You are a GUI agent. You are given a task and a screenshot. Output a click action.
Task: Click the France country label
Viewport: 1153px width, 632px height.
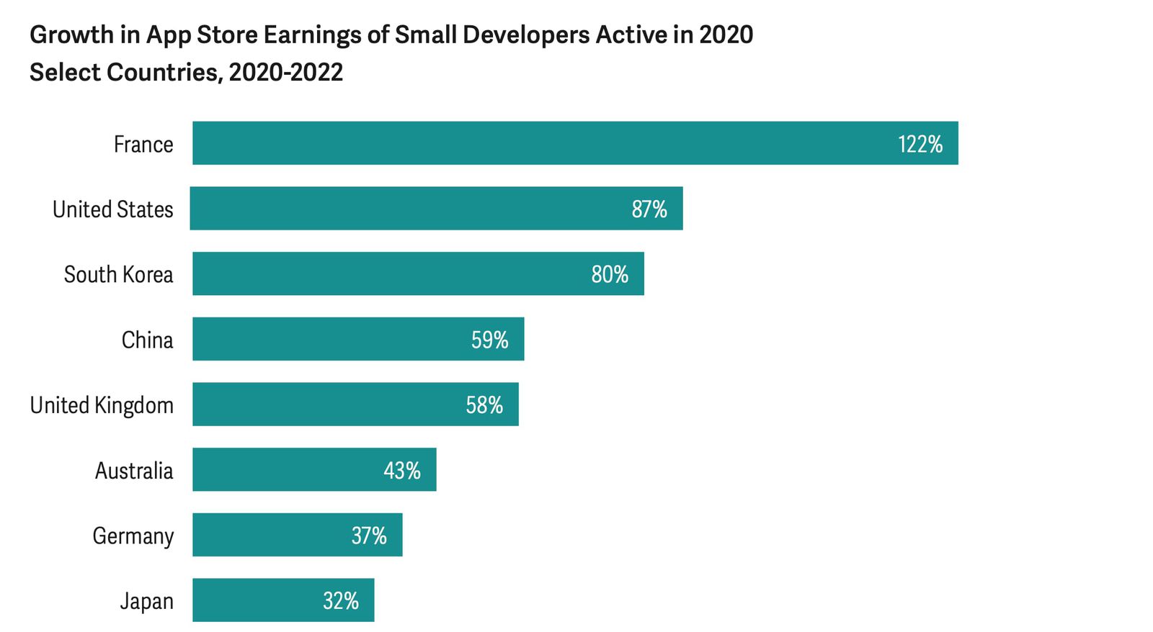(x=143, y=144)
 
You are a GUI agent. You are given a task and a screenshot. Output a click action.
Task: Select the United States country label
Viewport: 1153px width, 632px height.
(x=112, y=209)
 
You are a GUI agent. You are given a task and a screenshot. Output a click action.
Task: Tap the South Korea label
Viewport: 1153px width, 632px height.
(x=118, y=274)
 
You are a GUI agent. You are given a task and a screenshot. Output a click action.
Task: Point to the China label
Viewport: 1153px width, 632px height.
(x=147, y=340)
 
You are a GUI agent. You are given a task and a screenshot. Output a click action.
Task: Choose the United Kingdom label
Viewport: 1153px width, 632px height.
(x=102, y=405)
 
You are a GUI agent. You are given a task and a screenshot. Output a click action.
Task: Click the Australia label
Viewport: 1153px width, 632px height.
(x=134, y=471)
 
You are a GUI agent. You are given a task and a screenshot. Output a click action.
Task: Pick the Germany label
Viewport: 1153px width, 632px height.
(x=133, y=536)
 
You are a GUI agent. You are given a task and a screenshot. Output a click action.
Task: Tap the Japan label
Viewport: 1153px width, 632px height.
(x=146, y=601)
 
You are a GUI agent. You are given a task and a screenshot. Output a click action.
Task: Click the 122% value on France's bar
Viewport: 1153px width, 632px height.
(x=920, y=144)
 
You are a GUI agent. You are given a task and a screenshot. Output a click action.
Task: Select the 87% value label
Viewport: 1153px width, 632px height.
(x=649, y=209)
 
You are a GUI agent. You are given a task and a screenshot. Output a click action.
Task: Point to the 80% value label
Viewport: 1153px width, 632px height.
(x=610, y=274)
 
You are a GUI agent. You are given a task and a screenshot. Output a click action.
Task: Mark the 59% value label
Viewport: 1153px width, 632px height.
(x=489, y=340)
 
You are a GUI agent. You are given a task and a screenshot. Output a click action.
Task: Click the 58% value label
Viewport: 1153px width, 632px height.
(x=484, y=405)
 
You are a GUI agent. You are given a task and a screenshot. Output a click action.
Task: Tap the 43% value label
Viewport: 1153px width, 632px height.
(x=401, y=471)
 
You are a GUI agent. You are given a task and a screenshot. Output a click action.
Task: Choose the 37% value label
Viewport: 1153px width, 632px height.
(x=368, y=536)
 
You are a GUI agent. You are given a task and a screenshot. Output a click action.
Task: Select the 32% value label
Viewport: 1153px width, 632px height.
(x=340, y=601)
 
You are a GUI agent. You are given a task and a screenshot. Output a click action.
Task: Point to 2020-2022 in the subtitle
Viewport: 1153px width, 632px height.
(x=285, y=73)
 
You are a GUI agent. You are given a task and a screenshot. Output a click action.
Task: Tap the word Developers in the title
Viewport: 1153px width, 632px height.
(x=526, y=35)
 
